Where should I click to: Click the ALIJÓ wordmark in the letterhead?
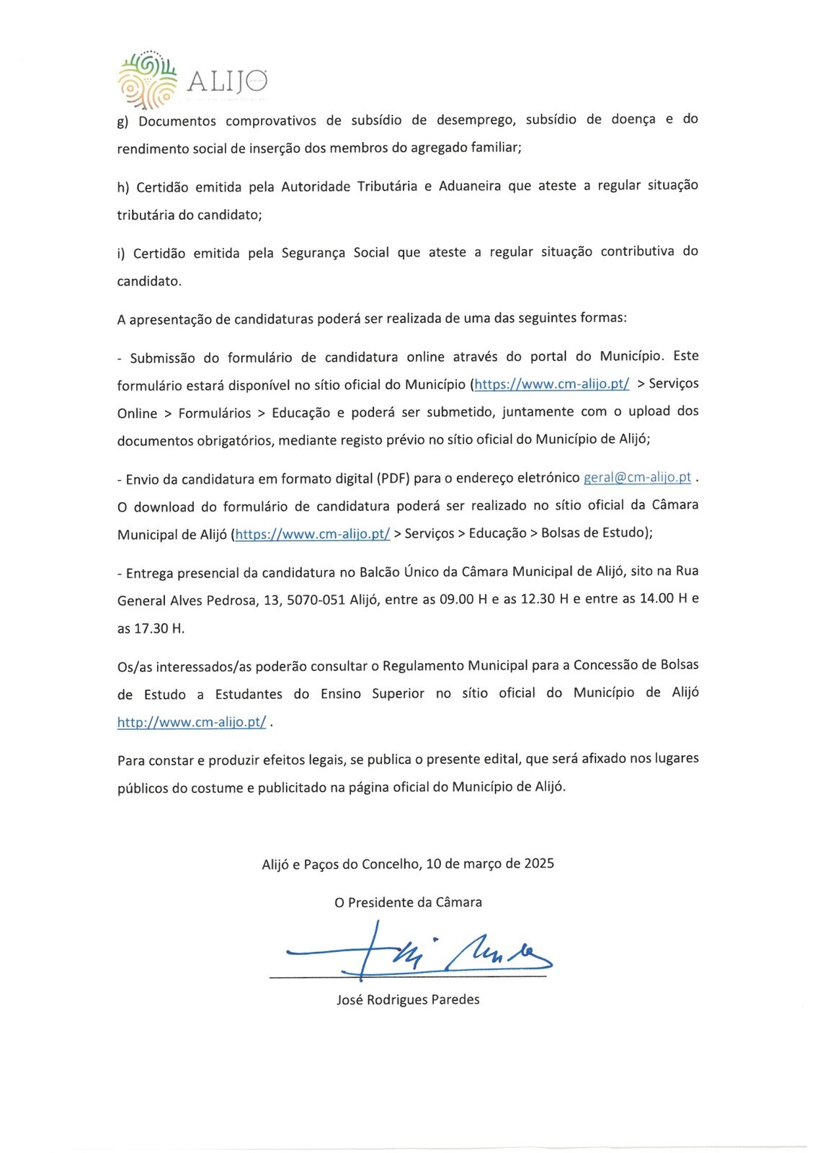227,81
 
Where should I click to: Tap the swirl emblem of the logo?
147,80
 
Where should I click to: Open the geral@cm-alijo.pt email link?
637,477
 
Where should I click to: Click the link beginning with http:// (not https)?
192,721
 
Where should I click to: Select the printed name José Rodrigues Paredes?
408,1000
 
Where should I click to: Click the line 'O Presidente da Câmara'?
408,902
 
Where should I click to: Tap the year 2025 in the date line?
539,863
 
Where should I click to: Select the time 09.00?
457,599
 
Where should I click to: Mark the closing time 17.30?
150,628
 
